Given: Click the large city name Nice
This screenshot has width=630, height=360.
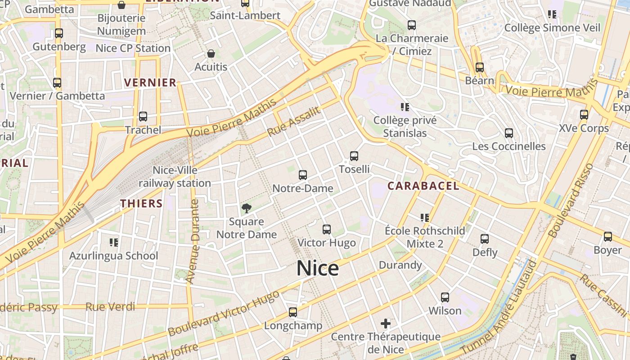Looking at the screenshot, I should [317, 269].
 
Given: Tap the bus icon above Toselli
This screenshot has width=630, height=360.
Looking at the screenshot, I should [354, 156].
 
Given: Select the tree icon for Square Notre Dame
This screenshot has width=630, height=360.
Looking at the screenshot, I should [246, 208].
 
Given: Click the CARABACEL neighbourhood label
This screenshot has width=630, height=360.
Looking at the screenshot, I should [423, 186].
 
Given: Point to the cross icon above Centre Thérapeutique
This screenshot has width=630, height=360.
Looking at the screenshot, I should [385, 323].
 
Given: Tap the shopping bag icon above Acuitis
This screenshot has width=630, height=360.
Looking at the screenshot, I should [211, 54].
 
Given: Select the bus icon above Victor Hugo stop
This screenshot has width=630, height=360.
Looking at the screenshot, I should [327, 229].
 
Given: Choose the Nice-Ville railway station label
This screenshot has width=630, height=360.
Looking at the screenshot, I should [175, 177].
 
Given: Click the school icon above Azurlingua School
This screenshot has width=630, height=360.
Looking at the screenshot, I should [114, 243].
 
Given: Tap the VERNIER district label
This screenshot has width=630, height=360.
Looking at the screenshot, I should [150, 82].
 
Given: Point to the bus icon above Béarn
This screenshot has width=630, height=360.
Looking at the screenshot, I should [480, 67].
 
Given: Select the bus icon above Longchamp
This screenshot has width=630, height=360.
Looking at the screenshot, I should [293, 312].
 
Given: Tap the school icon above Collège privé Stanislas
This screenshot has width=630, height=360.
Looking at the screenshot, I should [405, 107].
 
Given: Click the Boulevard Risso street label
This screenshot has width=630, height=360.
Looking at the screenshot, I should [571, 200].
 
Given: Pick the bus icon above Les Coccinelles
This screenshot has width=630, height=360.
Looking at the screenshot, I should [509, 133].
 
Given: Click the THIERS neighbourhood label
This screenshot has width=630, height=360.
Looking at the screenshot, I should [141, 203].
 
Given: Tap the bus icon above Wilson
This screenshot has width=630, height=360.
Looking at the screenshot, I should [445, 297].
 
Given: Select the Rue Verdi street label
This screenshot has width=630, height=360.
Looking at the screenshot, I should [110, 307].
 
